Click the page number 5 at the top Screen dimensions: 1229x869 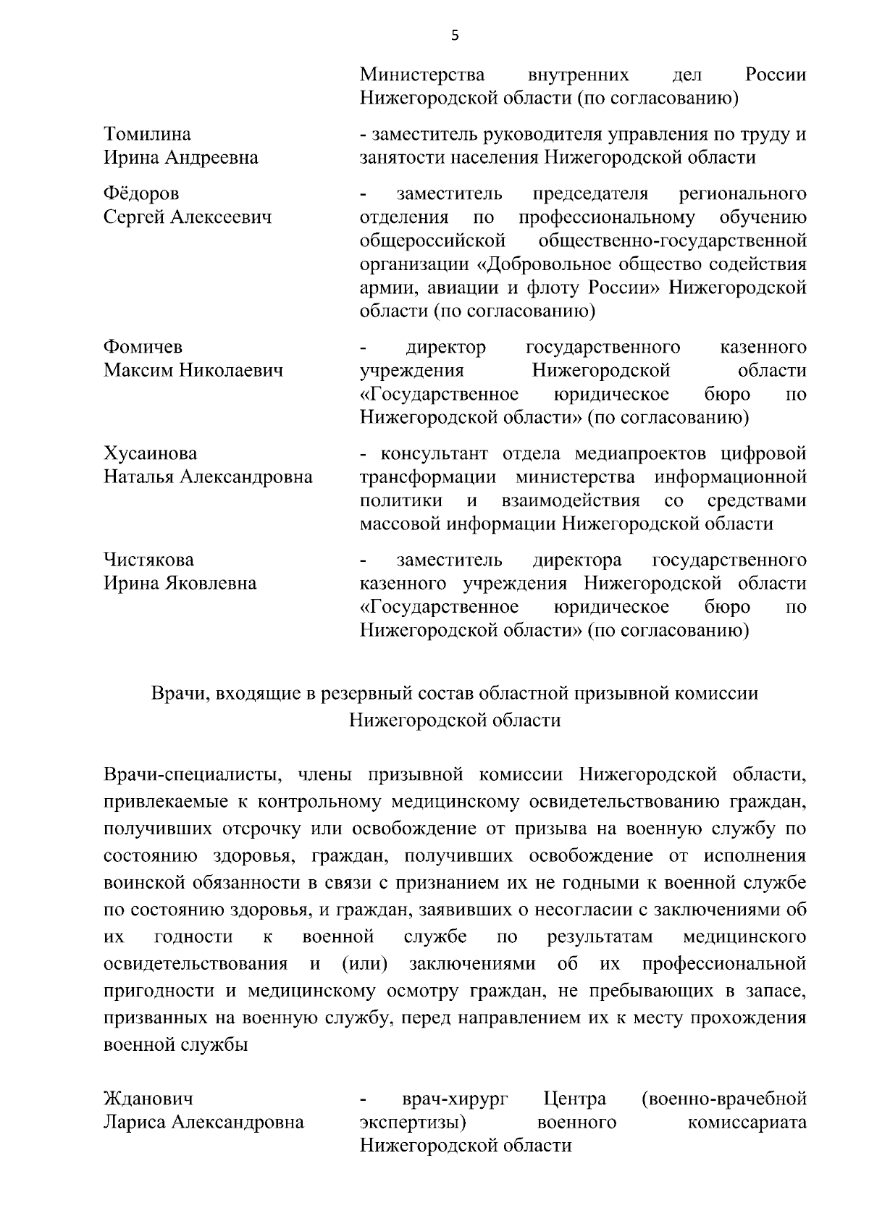[x=455, y=34]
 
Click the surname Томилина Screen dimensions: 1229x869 [x=148, y=134]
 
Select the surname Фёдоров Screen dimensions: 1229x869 [x=142, y=193]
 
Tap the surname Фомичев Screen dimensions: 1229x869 [x=143, y=347]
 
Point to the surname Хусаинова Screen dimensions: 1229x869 [x=151, y=453]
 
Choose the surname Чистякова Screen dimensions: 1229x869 [x=149, y=560]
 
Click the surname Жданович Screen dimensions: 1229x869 [x=148, y=1099]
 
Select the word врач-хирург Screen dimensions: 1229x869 [x=455, y=1099]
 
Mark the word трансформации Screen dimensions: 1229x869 [x=428, y=477]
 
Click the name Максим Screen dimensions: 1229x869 [x=138, y=371]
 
